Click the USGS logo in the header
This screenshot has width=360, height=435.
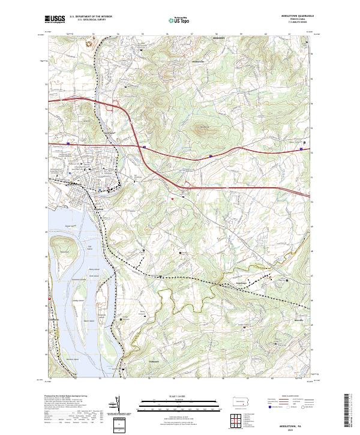pos(55,20)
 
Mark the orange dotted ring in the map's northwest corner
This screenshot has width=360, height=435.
pos(91,43)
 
